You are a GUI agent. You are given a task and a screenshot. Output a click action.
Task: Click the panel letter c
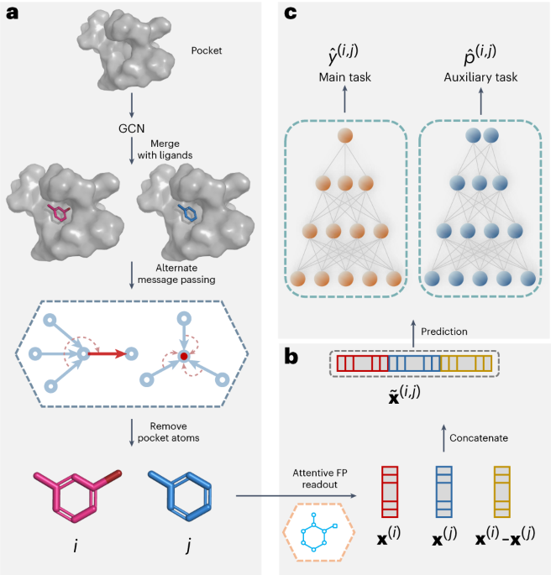point(290,13)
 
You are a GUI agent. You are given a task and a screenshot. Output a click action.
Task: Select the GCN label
point(133,132)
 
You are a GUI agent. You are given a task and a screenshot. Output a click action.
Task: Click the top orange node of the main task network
point(343,136)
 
